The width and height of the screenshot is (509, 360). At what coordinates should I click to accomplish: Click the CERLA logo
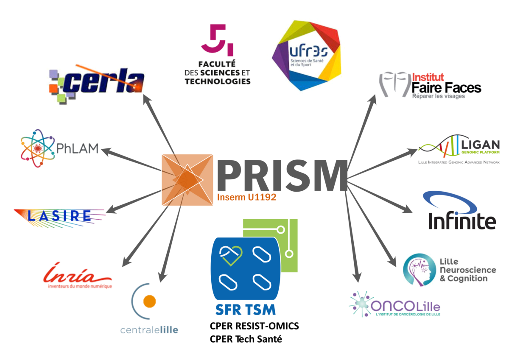(98, 81)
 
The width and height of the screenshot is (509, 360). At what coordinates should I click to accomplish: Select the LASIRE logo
(59, 216)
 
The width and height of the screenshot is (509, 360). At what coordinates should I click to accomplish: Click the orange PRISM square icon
(187, 180)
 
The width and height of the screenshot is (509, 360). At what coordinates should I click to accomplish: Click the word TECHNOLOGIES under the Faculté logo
(217, 81)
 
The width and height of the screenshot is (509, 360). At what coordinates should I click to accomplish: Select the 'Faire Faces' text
(446, 88)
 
